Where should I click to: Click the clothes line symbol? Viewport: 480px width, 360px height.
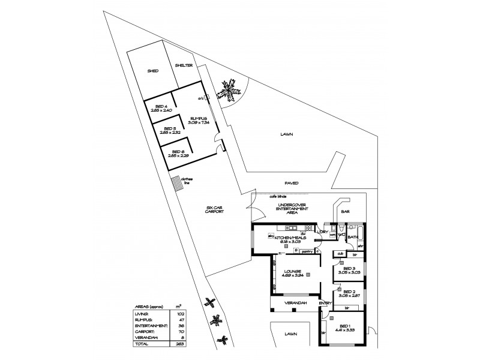tap(176, 184)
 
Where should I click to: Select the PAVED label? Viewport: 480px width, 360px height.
tap(292, 183)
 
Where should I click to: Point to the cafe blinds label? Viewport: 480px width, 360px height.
tap(278, 196)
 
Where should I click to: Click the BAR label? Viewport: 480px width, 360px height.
tap(345, 212)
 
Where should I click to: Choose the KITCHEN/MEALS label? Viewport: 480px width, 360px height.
tap(292, 238)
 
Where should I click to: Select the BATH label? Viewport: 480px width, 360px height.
tap(352, 236)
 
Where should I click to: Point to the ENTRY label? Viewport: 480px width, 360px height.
tap(326, 304)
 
